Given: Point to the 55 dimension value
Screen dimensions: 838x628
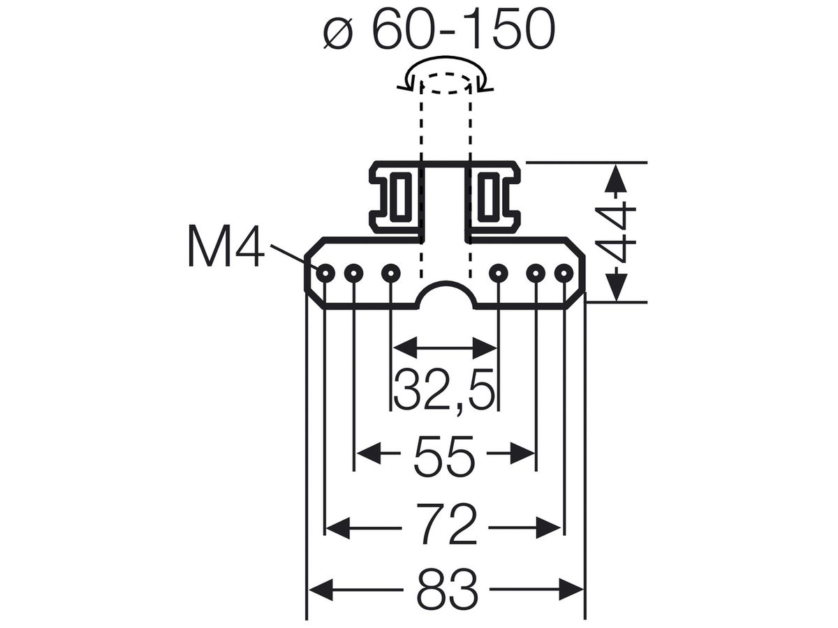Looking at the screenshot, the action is (x=444, y=456).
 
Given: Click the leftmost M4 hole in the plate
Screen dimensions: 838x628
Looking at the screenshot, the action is (x=325, y=273).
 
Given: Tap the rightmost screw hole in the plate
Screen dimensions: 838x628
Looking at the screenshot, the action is (x=564, y=273).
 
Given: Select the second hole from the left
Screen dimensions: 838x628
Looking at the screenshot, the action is (x=354, y=273).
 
